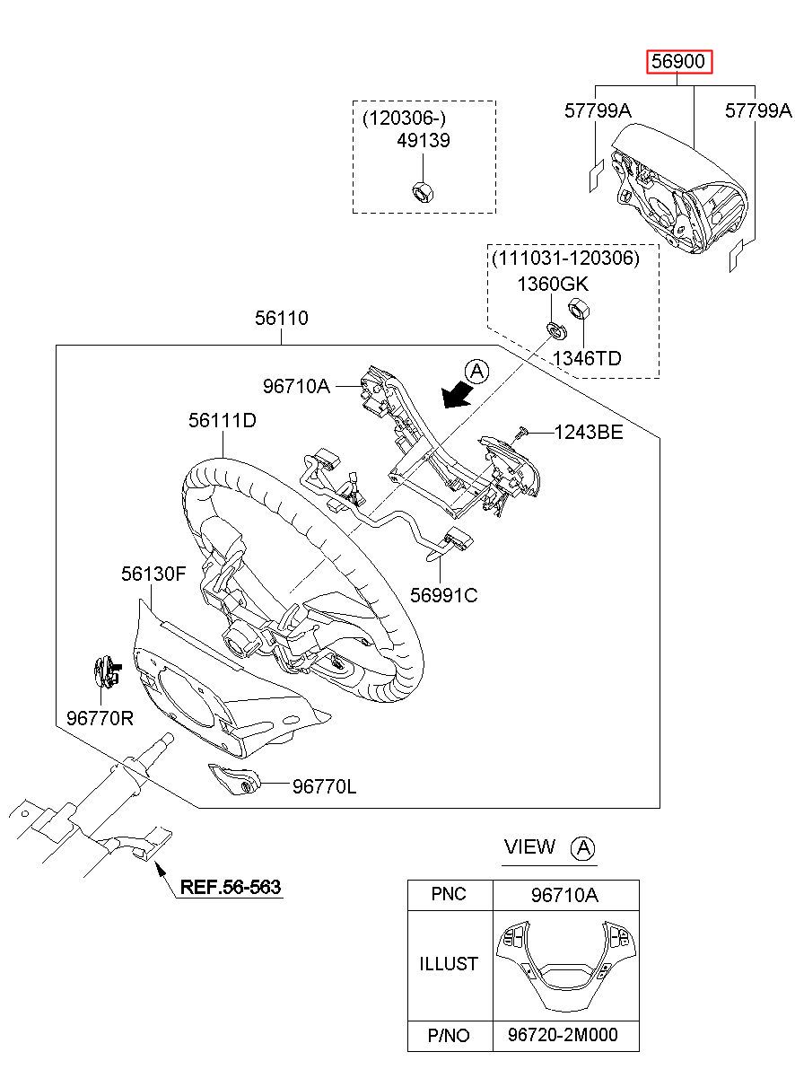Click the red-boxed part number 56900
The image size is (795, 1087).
click(x=678, y=62)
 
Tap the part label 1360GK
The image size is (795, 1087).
click(x=553, y=284)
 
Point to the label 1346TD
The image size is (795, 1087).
click(x=587, y=359)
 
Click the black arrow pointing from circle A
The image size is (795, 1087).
click(x=457, y=394)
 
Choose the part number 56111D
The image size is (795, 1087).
click(x=223, y=420)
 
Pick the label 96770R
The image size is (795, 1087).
click(x=100, y=718)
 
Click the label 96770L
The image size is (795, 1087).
click(x=324, y=786)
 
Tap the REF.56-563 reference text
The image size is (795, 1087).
click(x=231, y=887)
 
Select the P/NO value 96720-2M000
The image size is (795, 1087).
click(x=563, y=1035)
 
